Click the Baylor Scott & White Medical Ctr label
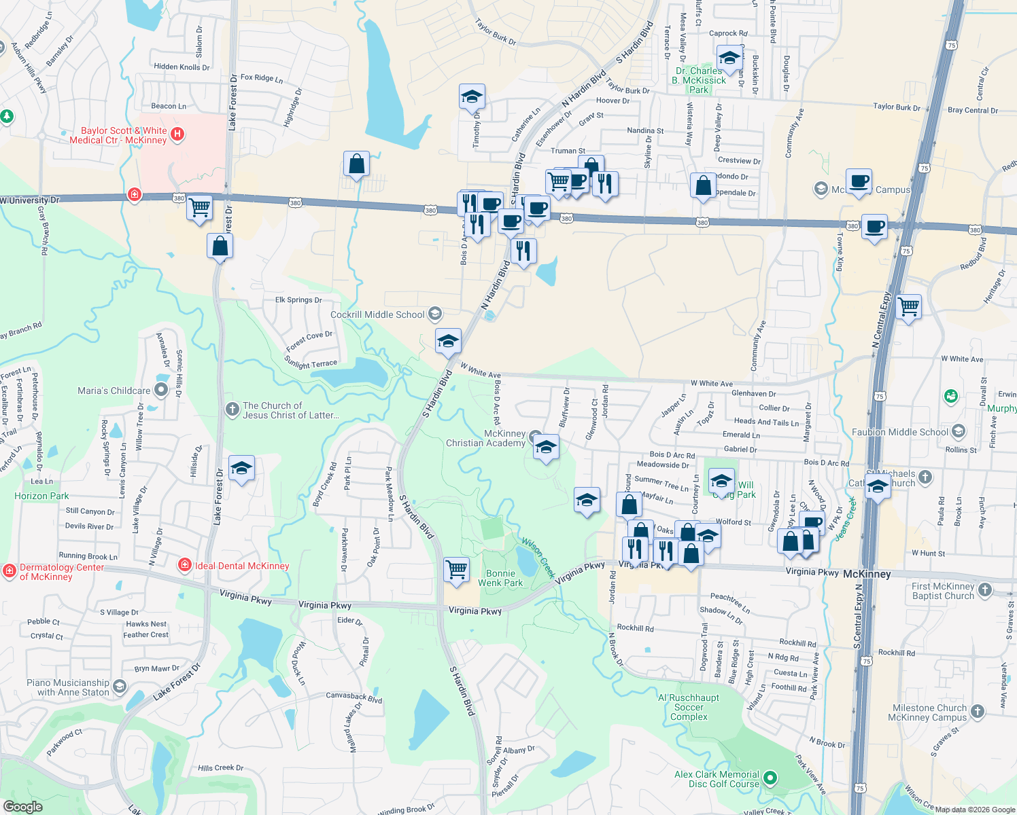pos(118,135)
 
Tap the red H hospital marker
pos(177,134)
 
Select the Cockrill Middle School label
pos(377,314)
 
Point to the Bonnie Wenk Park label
pos(500,578)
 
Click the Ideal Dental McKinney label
pos(242,566)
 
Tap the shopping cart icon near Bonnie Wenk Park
pos(456,569)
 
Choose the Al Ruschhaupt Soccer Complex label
pos(689,707)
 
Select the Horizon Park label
pos(41,496)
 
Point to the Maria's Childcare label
pos(114,391)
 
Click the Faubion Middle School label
pos(899,432)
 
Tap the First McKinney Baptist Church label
pos(943,591)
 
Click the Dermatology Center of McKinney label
pos(61,572)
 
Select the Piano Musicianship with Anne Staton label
pos(68,687)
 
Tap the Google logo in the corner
pos(23,806)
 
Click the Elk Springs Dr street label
pos(298,300)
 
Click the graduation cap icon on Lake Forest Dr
pos(241,468)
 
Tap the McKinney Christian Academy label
pos(485,438)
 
